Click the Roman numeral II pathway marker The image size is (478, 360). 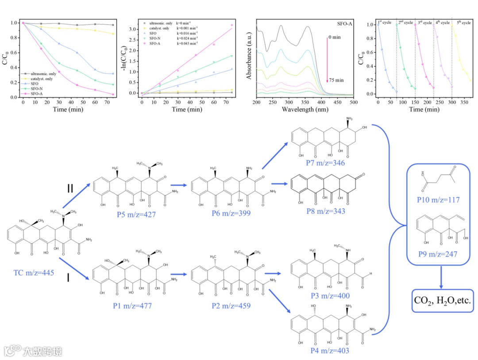[x=70, y=189]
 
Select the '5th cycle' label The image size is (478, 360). [x=463, y=23]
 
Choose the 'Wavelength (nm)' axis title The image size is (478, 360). [x=304, y=109]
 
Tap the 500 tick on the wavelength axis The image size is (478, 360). [x=352, y=102]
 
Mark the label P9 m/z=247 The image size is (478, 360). [x=437, y=255]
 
